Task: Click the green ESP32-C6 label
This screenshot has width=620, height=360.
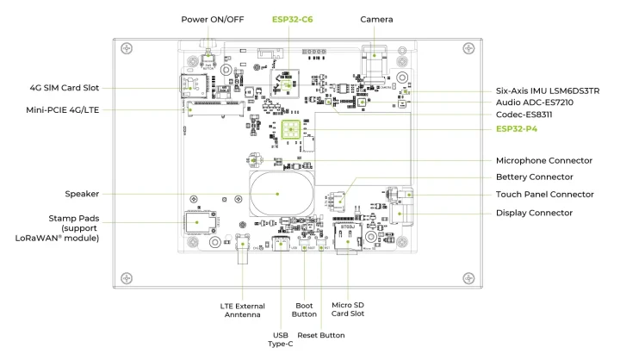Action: [x=292, y=19]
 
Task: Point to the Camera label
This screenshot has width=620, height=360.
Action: [x=376, y=19]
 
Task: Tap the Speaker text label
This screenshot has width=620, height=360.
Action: [x=82, y=194]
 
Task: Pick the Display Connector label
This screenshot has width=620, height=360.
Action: [x=534, y=213]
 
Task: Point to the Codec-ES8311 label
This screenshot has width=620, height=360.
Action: [x=530, y=115]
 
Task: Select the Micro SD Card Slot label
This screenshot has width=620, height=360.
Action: [x=348, y=308]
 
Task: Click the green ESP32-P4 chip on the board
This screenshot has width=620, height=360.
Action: [x=290, y=130]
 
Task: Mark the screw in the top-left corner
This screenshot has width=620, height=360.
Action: [x=127, y=47]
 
